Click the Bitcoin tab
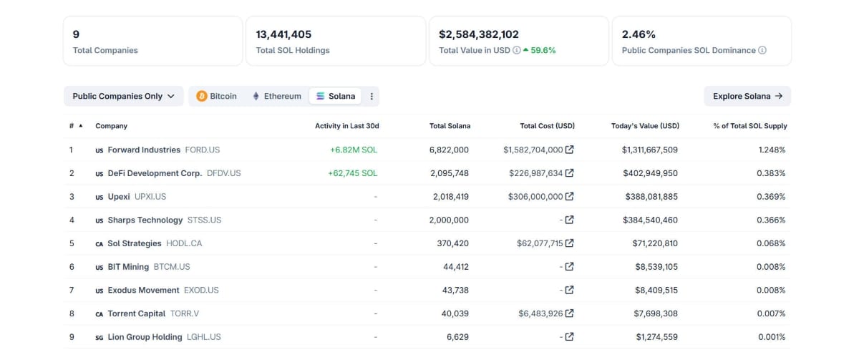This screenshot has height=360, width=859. click(x=217, y=96)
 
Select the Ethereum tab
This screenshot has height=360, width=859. click(x=277, y=96)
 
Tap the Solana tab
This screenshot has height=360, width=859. click(x=335, y=96)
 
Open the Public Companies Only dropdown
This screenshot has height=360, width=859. click(x=123, y=96)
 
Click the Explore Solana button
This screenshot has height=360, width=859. click(x=747, y=96)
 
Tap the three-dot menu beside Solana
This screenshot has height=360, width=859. click(x=372, y=96)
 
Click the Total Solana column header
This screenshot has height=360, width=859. click(x=450, y=126)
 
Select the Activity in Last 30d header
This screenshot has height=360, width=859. click(x=347, y=126)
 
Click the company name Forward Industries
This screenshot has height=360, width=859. click(x=144, y=150)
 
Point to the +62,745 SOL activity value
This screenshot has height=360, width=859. click(x=353, y=173)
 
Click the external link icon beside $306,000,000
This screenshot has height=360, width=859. click(x=570, y=196)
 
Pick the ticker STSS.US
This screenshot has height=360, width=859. click(x=204, y=220)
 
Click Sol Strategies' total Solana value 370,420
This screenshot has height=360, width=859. click(x=453, y=243)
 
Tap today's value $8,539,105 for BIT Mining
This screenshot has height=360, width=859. click(x=656, y=267)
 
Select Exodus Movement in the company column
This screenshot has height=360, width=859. click(x=143, y=291)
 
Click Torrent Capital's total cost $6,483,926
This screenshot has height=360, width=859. click(x=540, y=313)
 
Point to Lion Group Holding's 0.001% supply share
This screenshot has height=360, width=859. click(x=772, y=337)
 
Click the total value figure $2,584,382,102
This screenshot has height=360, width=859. click(x=479, y=34)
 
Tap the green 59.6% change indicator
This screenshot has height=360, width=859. click(x=539, y=50)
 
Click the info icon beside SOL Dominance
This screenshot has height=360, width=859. click(x=762, y=50)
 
